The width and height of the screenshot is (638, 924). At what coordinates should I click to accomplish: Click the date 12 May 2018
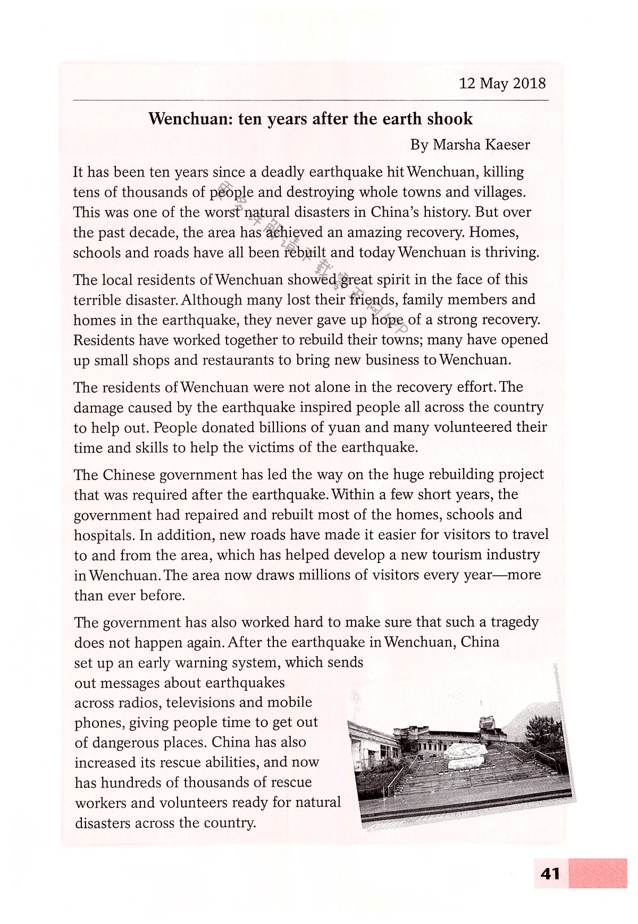tap(502, 83)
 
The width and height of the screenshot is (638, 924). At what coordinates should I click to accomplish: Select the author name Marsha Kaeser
tap(481, 145)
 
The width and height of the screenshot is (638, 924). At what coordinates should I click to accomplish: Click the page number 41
tap(550, 873)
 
